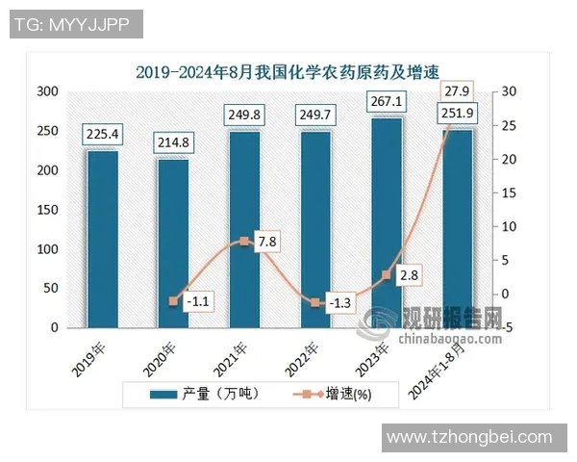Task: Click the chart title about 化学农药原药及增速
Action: (x=287, y=71)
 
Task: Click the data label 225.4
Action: (x=102, y=135)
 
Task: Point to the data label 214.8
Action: (x=173, y=143)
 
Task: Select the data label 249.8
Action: (x=244, y=115)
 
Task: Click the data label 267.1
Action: (x=386, y=102)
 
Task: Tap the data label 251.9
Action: (x=457, y=115)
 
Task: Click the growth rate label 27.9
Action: (x=456, y=90)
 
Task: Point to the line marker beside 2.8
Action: (x=387, y=275)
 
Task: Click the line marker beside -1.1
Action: (x=173, y=301)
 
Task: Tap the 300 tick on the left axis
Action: (x=48, y=91)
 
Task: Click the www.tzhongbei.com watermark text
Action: (x=468, y=437)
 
